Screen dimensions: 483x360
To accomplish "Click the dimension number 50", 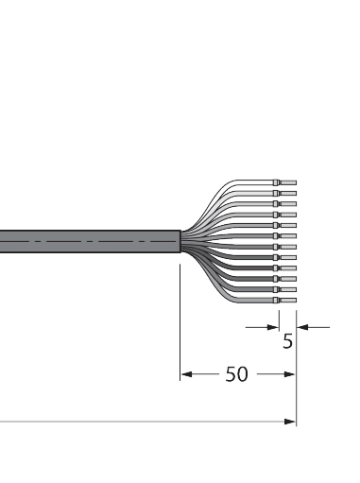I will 236,374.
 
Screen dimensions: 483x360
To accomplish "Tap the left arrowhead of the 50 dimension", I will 186,374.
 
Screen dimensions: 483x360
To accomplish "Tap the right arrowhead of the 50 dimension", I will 291,374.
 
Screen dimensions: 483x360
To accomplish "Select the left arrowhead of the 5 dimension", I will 273,327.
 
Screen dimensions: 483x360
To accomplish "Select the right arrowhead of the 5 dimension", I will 301,327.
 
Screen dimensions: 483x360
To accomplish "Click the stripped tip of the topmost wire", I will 289,181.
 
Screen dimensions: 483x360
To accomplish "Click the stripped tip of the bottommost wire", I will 289,301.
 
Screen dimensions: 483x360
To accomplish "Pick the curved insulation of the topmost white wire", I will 241,185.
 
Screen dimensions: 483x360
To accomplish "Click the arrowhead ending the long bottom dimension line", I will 291,422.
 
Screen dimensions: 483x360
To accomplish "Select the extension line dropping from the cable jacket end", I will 180,321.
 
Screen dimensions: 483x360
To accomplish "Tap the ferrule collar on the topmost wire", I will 277,181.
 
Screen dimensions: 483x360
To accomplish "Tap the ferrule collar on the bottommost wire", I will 277,301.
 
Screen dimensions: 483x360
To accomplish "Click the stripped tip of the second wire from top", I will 289,193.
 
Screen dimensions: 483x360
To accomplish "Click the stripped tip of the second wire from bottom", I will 289,290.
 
